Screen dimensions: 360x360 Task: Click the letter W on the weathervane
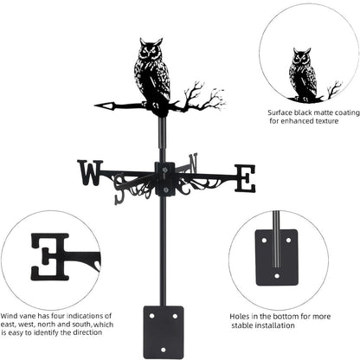pyautogui.click(x=89, y=173)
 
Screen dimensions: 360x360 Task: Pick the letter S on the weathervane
pyautogui.click(x=120, y=195)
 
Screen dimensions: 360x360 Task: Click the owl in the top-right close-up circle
pyautogui.click(x=302, y=73)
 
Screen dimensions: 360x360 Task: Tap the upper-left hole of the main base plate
pyautogui.click(x=149, y=316)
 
